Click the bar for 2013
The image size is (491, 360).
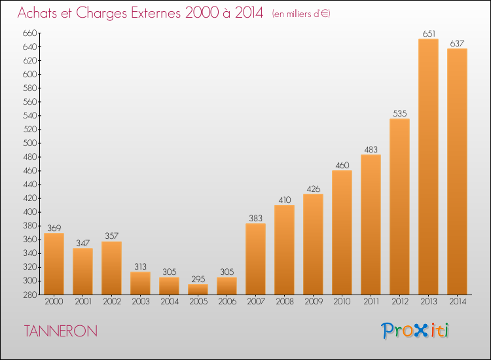coord(428,166)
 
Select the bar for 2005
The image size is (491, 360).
coord(198,289)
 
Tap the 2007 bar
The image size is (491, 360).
coord(255,259)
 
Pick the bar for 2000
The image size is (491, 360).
coord(54,264)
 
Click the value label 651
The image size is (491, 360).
coord(429,33)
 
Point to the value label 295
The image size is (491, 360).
coord(198,279)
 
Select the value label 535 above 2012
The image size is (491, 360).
coord(400,113)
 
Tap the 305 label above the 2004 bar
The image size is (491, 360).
coord(170,272)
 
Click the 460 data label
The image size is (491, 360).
coord(342,166)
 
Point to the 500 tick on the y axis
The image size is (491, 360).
coord(30,143)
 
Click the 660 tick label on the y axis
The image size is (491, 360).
coord(30,33)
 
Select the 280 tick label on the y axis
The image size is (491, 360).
coord(30,295)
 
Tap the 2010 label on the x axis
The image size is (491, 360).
coord(342,302)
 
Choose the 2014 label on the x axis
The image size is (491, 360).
coord(458,302)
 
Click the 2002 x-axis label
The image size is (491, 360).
coord(112,302)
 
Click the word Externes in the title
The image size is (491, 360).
coord(156,13)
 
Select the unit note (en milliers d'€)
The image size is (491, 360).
coord(301,14)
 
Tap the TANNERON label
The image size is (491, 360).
coord(61,331)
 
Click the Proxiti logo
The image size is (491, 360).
coord(415,331)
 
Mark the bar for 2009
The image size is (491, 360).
coord(313,244)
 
